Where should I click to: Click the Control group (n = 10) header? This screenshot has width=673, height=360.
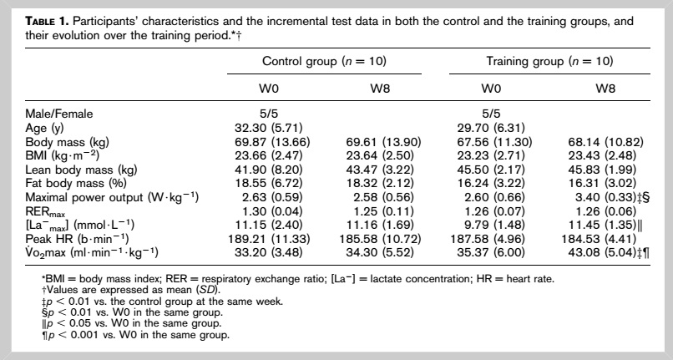tap(324, 62)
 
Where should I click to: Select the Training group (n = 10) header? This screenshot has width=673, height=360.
tap(549, 62)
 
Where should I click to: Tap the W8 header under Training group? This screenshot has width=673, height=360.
tap(605, 89)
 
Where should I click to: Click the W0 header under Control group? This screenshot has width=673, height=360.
tap(269, 89)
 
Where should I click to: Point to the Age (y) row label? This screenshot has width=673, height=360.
tap(44, 128)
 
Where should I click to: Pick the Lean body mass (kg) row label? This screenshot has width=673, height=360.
tap(81, 170)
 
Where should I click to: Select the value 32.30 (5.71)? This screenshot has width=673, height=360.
tap(268, 128)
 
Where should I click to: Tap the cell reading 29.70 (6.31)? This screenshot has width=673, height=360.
tap(491, 128)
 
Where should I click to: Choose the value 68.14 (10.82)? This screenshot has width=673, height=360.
tap(605, 142)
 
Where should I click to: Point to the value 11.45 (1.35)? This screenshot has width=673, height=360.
tap(602, 225)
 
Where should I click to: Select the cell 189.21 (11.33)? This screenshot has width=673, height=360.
tap(269, 238)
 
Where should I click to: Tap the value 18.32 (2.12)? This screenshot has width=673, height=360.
tap(380, 184)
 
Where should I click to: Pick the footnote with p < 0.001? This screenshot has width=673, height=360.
tap(135, 335)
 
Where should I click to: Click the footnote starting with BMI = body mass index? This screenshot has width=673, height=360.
tap(297, 279)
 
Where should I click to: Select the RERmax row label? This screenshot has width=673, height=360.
tap(45, 211)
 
